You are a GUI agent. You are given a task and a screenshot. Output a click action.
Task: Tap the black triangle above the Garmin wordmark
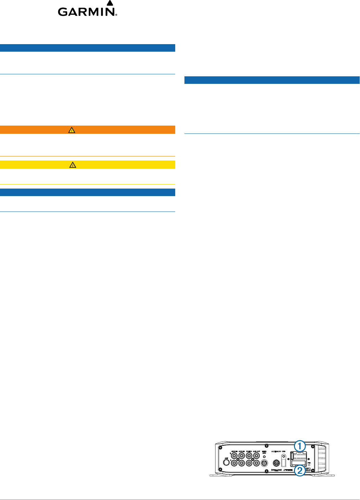point(110,3)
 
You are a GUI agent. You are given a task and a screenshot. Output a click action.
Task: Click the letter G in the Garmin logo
point(63,12)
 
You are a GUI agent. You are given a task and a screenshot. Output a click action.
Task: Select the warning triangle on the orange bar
point(72,130)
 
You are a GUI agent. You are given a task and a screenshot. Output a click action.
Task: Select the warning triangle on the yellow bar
point(73,165)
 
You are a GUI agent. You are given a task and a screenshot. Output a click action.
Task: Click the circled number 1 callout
point(300,446)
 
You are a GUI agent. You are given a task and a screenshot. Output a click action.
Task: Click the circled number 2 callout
point(300,471)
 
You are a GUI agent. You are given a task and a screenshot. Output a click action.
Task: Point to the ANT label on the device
point(226,458)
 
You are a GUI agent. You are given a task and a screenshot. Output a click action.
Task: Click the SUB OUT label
point(257,451)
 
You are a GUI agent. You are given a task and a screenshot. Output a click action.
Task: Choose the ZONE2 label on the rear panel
point(249,451)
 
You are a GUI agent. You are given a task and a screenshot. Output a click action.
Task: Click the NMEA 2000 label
point(264,452)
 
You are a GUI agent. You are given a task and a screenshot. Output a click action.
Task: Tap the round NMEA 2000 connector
point(264,463)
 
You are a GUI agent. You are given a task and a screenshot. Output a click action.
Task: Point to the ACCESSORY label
point(276,451)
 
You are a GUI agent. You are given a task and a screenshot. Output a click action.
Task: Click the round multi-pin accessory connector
point(276,463)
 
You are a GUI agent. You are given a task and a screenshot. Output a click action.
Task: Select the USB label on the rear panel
point(284,451)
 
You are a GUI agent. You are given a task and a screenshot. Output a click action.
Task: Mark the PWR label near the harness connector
point(309,463)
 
